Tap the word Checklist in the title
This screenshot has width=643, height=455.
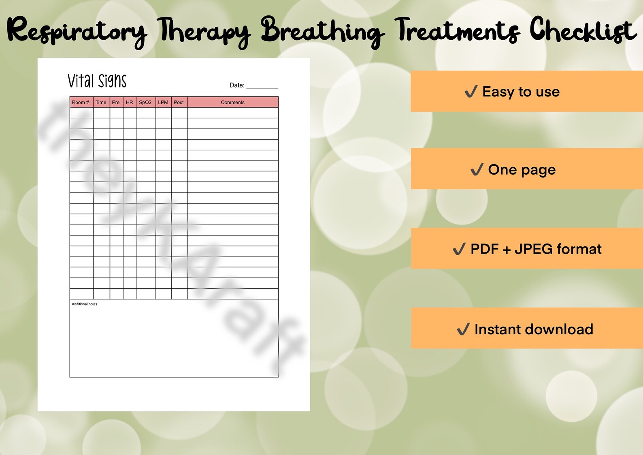[x=583, y=31]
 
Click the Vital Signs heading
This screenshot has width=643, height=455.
[x=97, y=81]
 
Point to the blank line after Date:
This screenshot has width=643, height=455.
[x=262, y=86]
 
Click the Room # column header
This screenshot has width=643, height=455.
[x=81, y=103]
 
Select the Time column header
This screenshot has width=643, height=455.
[x=101, y=103]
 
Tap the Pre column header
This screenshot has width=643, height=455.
[x=116, y=103]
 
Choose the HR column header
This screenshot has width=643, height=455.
[x=129, y=103]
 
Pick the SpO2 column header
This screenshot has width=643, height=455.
[x=145, y=103]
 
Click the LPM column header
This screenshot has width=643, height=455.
[x=163, y=103]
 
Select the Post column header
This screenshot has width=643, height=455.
[x=179, y=103]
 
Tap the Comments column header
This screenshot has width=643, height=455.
[x=232, y=103]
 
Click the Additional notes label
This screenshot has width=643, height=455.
[x=84, y=304]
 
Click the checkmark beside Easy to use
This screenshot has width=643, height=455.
[x=471, y=92]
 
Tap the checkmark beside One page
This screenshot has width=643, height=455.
[x=477, y=169]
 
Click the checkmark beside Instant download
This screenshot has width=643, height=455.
[x=463, y=329]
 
